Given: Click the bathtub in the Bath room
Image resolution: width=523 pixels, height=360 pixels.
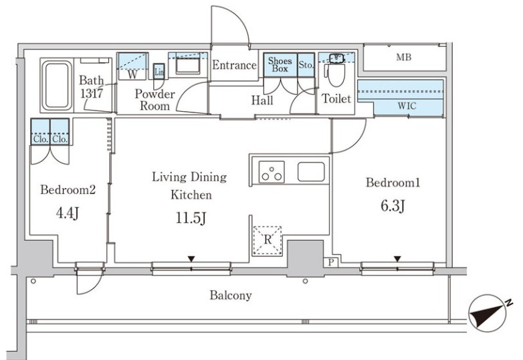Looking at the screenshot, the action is [x=56, y=85].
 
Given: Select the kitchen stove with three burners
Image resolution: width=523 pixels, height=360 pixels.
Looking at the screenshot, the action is [x=272, y=172].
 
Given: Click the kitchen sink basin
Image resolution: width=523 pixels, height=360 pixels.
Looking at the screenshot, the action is [x=311, y=172].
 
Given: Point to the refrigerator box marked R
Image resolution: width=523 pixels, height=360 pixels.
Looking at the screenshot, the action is [x=267, y=241].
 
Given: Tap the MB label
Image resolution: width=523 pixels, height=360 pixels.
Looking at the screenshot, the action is [x=403, y=58].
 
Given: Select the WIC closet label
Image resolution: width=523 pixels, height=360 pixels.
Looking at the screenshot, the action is [x=407, y=106].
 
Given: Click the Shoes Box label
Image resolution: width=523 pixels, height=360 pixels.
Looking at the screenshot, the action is [x=280, y=65].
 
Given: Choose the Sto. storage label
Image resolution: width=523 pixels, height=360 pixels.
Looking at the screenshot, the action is [x=306, y=65].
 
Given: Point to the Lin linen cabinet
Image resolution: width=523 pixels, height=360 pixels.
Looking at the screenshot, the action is [x=159, y=72].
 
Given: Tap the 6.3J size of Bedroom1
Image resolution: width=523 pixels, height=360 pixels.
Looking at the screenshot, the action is [x=393, y=205].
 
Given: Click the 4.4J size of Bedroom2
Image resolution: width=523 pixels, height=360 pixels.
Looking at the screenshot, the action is [x=68, y=213].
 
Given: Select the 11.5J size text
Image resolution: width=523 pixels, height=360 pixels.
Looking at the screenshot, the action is [x=191, y=218].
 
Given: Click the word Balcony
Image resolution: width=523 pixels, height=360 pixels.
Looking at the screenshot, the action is [x=231, y=295].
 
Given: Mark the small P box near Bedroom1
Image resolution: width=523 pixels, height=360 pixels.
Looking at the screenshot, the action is [x=331, y=262].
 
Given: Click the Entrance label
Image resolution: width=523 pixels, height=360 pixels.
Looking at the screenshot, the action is [x=235, y=65].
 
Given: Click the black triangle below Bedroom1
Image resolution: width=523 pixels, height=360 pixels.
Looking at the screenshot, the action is [x=397, y=259].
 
